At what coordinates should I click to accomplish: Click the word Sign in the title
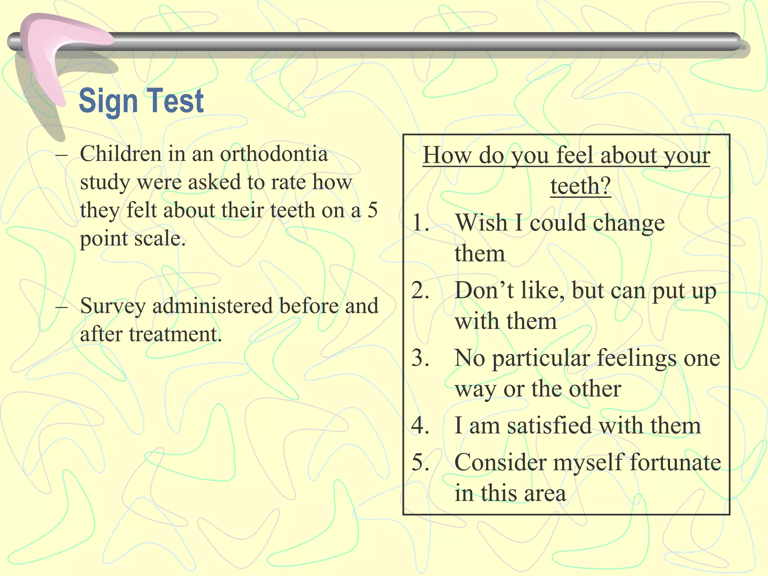point(108,101)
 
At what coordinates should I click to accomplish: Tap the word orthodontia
point(274,154)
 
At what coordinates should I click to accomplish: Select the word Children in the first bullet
point(121,154)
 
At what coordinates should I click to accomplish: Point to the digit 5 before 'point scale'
point(372,210)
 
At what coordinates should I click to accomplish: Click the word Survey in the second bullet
point(112,306)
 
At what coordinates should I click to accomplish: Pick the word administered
point(213,305)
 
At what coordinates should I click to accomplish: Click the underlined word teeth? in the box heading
point(580,185)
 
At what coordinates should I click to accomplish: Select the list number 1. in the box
point(420,223)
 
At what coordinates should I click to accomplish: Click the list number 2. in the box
point(420,290)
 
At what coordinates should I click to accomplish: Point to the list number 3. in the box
point(420,358)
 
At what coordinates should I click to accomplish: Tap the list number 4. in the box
point(420,425)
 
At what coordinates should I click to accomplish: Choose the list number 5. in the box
point(420,462)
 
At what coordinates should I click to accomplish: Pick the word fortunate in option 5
point(675,462)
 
